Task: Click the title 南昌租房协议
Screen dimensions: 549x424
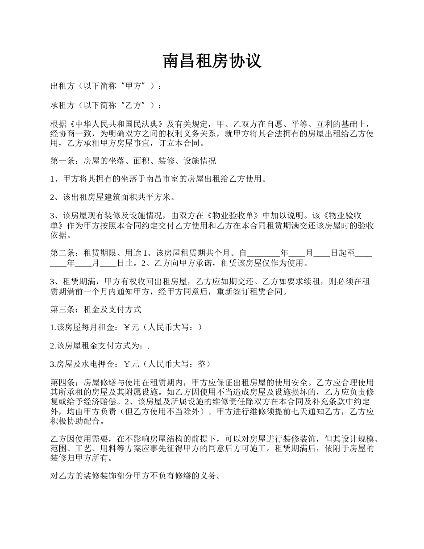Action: point(212,61)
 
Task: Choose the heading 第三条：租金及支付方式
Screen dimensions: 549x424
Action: point(96,309)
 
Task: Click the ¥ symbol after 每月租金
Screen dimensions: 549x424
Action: point(127,327)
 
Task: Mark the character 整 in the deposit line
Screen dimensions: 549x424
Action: point(201,364)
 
